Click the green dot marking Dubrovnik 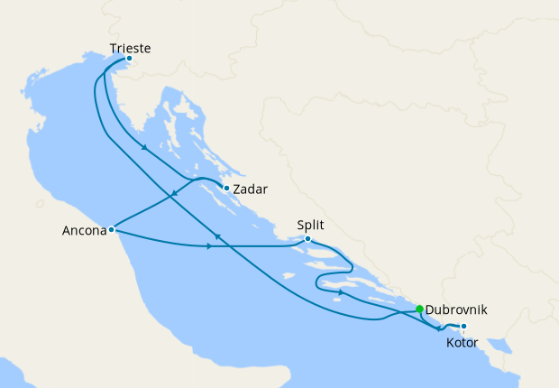[x=419, y=309]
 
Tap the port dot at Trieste [x=129, y=59]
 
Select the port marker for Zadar [x=225, y=188]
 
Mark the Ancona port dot [x=110, y=229]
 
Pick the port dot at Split [x=307, y=239]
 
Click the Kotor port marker [x=463, y=326]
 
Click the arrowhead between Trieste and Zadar [x=144, y=150]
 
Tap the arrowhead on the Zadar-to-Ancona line [x=173, y=194]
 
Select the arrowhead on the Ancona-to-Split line [x=210, y=246]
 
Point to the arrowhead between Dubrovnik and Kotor [x=439, y=328]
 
